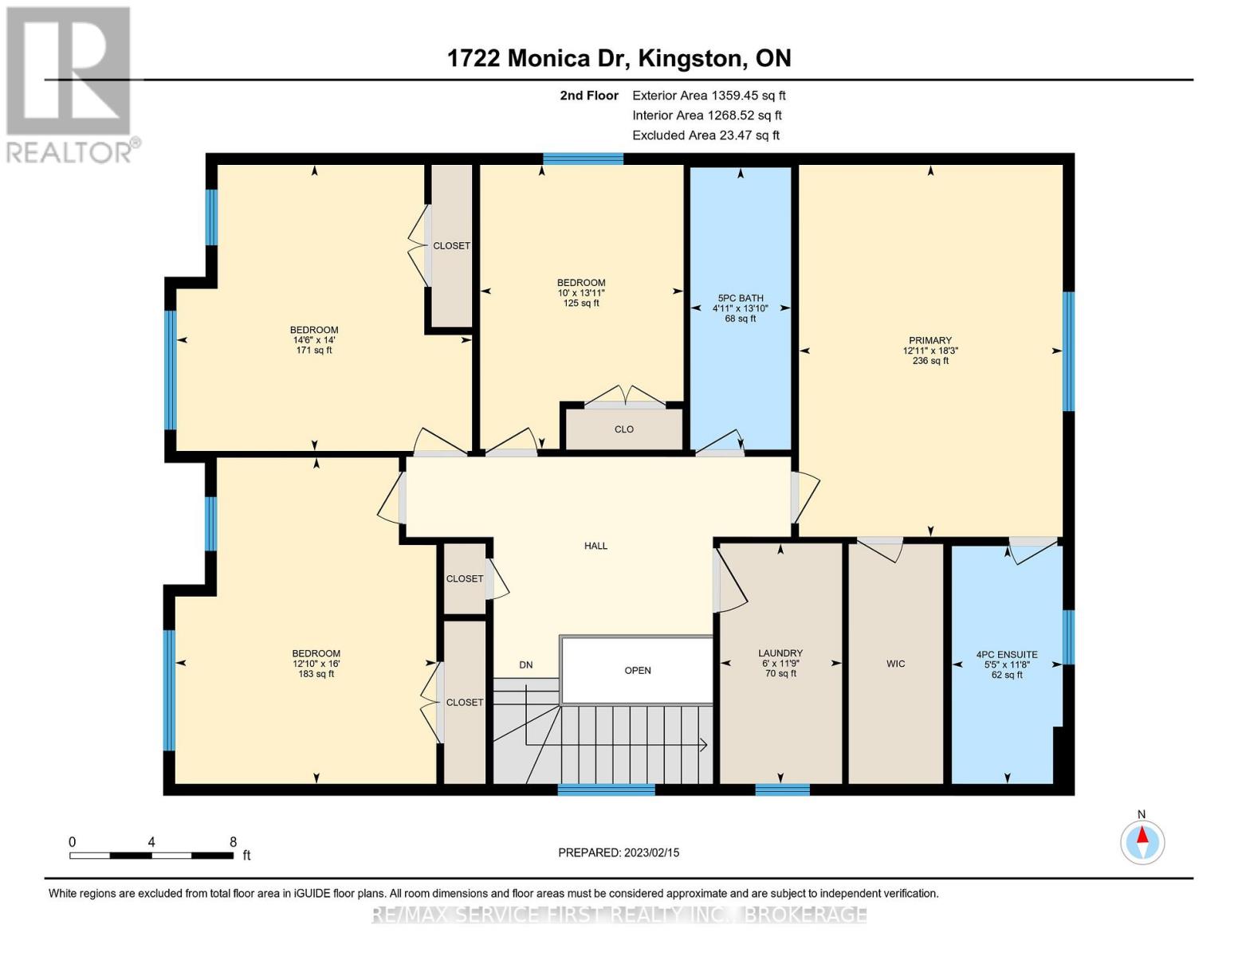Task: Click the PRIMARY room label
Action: [x=929, y=340]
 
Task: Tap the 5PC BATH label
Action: [x=740, y=298]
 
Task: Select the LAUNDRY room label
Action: [x=780, y=653]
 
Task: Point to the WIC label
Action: [x=895, y=664]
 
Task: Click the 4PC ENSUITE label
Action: [x=1007, y=655]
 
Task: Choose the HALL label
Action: [x=595, y=546]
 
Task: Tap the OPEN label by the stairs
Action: [x=638, y=670]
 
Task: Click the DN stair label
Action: [x=526, y=664]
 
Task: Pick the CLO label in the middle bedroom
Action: [x=624, y=429]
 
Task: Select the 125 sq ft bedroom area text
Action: [x=581, y=304]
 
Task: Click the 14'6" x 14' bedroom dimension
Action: [x=314, y=340]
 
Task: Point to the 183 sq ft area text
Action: [x=316, y=674]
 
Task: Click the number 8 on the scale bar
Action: [x=233, y=841]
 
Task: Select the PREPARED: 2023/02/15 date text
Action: [x=619, y=852]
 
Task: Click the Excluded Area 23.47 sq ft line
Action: [x=705, y=135]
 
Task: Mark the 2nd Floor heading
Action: [x=589, y=96]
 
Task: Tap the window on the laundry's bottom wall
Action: [x=782, y=789]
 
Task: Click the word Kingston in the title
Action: [x=692, y=58]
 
